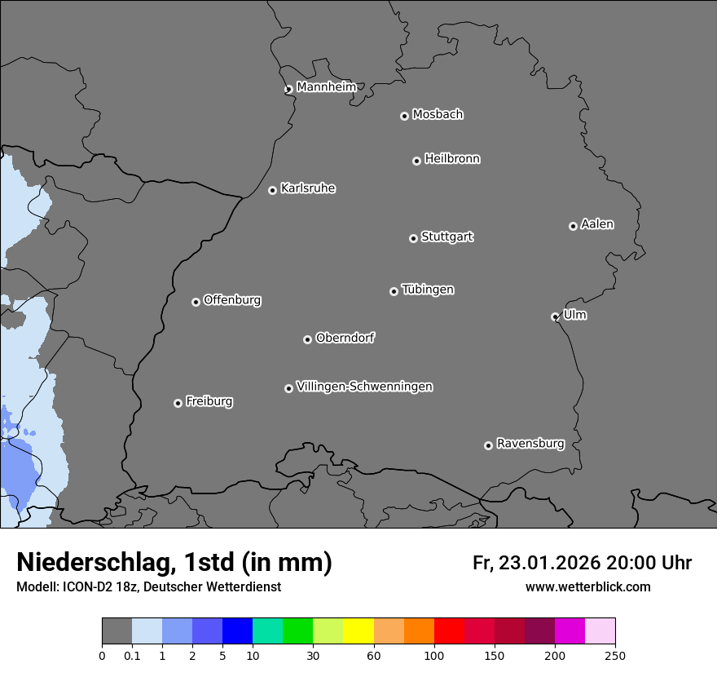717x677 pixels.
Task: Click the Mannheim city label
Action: click(x=326, y=87)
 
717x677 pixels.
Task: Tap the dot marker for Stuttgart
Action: click(x=413, y=238)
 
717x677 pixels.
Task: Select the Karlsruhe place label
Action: click(x=307, y=188)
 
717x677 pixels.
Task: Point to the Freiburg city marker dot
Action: click(x=178, y=403)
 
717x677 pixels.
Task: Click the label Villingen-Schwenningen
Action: click(x=364, y=387)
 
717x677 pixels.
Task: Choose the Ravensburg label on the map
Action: click(x=530, y=444)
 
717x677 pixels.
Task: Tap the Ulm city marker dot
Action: click(x=555, y=316)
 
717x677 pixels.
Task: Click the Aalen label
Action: click(x=597, y=224)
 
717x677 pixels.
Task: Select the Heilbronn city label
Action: click(x=452, y=159)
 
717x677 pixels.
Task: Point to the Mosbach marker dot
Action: click(x=404, y=116)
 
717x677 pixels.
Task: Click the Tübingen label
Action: click(x=428, y=290)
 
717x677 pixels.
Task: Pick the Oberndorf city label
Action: click(x=345, y=338)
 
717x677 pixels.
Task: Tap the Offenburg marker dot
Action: click(x=196, y=302)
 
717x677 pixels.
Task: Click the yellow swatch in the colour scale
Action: click(x=358, y=631)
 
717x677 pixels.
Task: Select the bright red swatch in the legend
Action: click(x=449, y=631)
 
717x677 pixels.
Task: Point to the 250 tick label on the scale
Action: click(x=615, y=655)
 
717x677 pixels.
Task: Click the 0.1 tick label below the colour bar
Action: click(x=132, y=655)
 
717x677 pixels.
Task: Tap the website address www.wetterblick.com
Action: click(x=587, y=587)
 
